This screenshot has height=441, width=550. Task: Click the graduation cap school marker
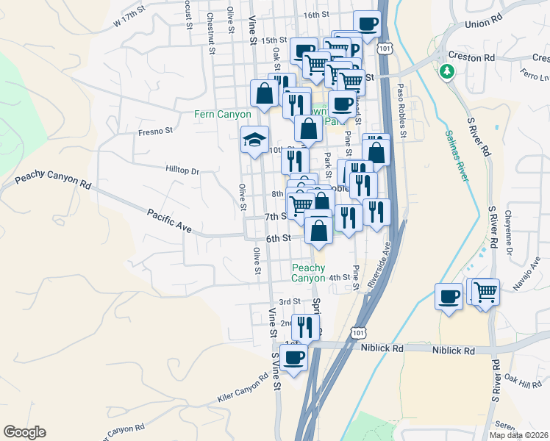pos(255,140)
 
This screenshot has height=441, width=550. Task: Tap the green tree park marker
pos(446,71)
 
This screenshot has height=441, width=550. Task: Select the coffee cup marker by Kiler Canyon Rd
pos(293,358)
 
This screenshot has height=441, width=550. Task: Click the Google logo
pos(24,432)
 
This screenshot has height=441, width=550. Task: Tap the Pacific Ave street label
pos(169,221)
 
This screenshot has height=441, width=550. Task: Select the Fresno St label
pos(154,132)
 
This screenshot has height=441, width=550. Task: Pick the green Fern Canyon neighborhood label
pos(222,114)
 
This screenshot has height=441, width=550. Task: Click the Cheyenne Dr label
pos(509,235)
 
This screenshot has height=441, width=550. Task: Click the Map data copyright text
pos(519,435)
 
